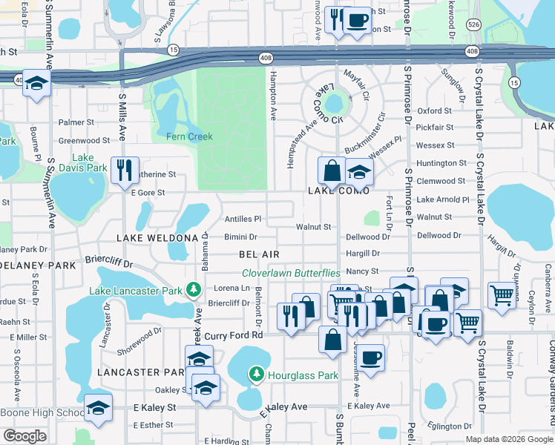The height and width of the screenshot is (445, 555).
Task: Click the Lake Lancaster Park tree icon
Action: pos(194,289)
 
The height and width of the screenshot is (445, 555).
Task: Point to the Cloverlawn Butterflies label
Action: pos(291,274)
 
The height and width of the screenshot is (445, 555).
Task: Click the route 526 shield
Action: pos(473,24)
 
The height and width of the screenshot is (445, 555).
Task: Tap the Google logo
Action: pos(24,435)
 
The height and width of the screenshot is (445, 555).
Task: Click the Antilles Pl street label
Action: pos(243,220)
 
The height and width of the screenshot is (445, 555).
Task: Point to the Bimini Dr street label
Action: pos(240,237)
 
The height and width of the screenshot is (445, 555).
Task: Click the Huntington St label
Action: pos(441,163)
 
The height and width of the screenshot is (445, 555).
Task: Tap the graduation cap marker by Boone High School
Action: pos(97,407)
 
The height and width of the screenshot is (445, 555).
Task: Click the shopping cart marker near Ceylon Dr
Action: pos(502,294)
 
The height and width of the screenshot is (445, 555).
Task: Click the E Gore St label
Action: pos(148,193)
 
